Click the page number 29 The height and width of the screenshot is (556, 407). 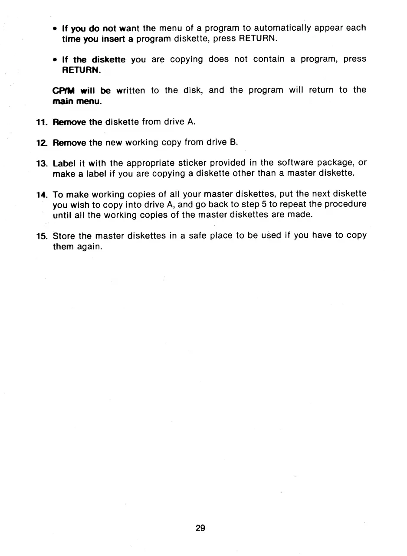[200, 528]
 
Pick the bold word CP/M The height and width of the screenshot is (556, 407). [64, 90]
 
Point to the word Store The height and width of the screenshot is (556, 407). [64, 236]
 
